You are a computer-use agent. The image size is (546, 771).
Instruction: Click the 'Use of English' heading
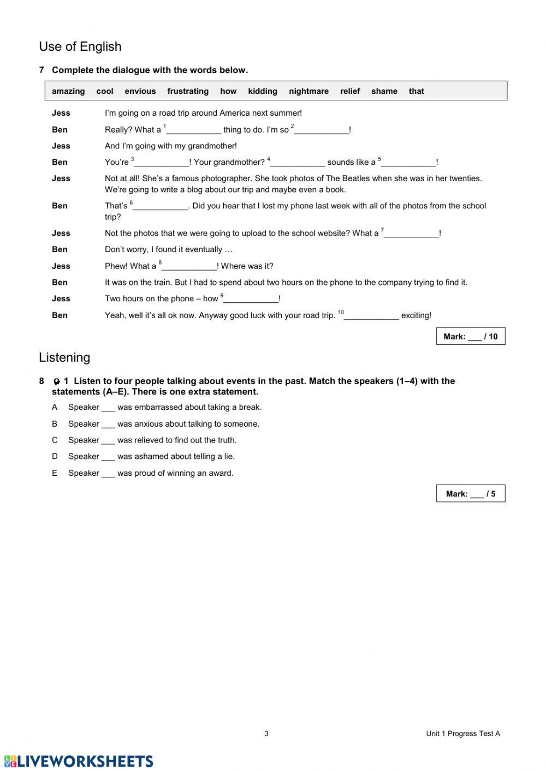click(80, 47)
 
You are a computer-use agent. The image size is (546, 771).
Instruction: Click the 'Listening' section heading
click(64, 357)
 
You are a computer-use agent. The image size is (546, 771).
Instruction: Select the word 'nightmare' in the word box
click(308, 91)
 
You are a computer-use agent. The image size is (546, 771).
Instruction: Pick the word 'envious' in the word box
click(140, 91)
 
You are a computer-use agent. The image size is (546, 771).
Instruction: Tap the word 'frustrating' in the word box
click(188, 91)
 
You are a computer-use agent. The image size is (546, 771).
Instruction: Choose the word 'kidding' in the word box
click(263, 91)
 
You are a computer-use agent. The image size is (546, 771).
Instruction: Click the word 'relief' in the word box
click(350, 91)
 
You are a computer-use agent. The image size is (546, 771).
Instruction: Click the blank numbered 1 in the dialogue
click(194, 130)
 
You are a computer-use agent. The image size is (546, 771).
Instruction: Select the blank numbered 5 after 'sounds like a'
click(409, 163)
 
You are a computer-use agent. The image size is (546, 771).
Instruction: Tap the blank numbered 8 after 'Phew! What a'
click(189, 267)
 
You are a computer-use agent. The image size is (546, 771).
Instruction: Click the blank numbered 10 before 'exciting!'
click(372, 316)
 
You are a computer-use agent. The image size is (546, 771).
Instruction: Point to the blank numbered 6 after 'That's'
click(161, 206)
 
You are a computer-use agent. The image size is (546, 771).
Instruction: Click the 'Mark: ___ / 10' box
click(471, 337)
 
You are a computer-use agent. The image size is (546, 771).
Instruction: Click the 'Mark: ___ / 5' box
click(471, 494)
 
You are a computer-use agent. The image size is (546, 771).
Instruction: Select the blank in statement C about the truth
click(108, 441)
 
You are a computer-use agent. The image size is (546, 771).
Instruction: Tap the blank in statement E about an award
click(108, 474)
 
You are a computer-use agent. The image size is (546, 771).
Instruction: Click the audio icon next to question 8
click(56, 381)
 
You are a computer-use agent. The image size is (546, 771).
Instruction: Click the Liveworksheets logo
click(79, 761)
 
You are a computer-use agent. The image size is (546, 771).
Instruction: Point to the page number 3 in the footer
click(266, 733)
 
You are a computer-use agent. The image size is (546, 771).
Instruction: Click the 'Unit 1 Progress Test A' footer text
click(463, 733)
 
